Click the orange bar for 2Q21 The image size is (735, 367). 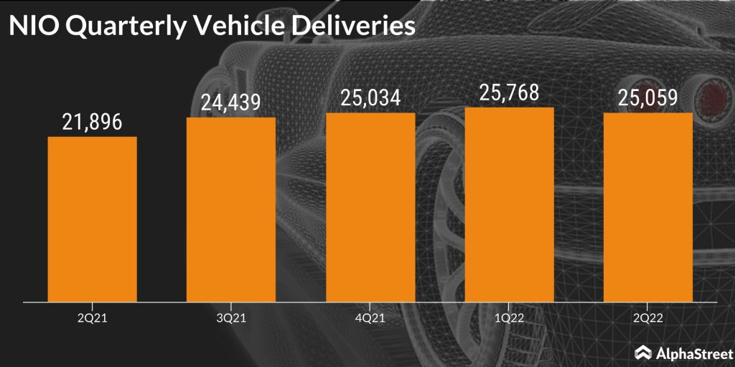92,219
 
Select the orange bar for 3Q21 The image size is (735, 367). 231,209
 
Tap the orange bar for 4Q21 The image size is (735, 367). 370,207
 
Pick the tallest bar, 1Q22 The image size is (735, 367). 510,204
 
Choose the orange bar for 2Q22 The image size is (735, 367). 648,207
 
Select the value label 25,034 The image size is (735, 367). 370,98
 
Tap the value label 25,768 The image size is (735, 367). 510,93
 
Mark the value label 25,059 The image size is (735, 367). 648,98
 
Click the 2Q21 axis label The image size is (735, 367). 92,316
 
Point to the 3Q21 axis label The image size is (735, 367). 231,316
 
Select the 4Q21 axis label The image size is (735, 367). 370,316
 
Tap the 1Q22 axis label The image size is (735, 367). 510,316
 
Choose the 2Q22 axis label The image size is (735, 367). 648,316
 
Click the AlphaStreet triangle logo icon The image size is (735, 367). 644,352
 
